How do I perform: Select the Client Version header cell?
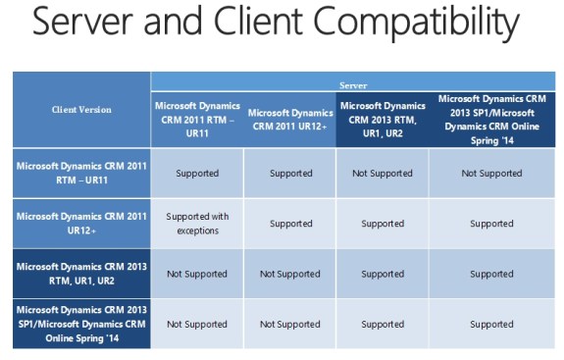[x=81, y=110]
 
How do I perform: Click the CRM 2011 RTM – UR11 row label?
[x=81, y=173]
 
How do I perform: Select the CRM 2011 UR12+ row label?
[x=81, y=223]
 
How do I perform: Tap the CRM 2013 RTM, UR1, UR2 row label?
[x=81, y=274]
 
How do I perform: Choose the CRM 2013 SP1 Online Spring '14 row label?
[x=81, y=324]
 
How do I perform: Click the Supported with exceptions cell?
[x=197, y=223]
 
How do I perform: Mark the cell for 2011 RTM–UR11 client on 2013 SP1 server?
[x=491, y=174]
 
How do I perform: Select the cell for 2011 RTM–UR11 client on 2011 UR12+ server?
[x=289, y=174]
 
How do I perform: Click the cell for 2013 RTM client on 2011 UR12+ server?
[x=289, y=274]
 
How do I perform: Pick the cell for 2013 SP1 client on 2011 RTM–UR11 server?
[x=197, y=324]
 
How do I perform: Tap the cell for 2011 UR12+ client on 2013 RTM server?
[x=382, y=224]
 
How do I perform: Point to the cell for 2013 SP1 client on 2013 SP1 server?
[x=491, y=324]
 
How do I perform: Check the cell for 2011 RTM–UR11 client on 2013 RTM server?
[x=382, y=174]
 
